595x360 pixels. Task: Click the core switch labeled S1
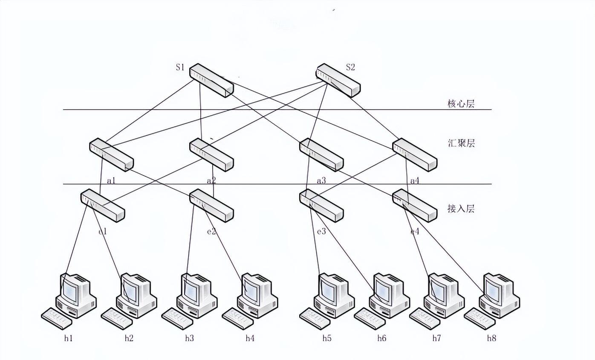pos(211,81)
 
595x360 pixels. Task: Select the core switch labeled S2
pos(338,81)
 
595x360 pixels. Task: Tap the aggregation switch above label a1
pos(111,155)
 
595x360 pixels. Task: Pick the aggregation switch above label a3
pos(321,155)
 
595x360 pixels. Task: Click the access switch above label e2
pos(211,206)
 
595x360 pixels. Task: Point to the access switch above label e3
pos(321,206)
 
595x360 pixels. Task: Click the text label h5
pos(326,338)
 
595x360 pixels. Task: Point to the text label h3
pos(189,338)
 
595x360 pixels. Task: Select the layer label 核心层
pos(461,104)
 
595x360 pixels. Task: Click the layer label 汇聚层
pos(461,143)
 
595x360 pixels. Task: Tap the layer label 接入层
pos(461,209)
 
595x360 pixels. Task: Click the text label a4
pos(414,181)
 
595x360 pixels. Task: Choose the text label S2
pos(350,67)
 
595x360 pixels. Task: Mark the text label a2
pos(211,181)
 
